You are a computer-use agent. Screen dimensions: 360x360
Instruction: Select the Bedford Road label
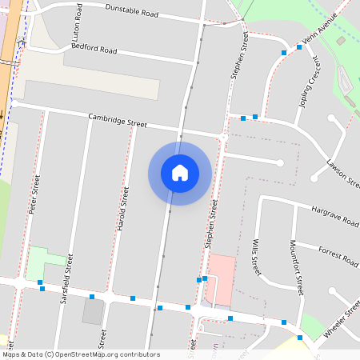[x=94, y=49]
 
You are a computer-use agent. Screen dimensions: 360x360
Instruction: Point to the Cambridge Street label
[x=118, y=121]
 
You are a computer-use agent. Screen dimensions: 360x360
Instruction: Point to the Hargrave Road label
[x=335, y=214]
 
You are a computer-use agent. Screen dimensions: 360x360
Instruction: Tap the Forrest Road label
[x=338, y=254]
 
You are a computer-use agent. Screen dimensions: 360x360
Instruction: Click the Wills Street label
[x=255, y=257]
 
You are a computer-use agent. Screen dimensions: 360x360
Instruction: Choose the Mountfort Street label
[x=297, y=267]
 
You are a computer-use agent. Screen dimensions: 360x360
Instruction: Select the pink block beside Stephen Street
[x=222, y=278]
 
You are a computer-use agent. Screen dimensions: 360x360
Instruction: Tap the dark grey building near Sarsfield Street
[x=93, y=312]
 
